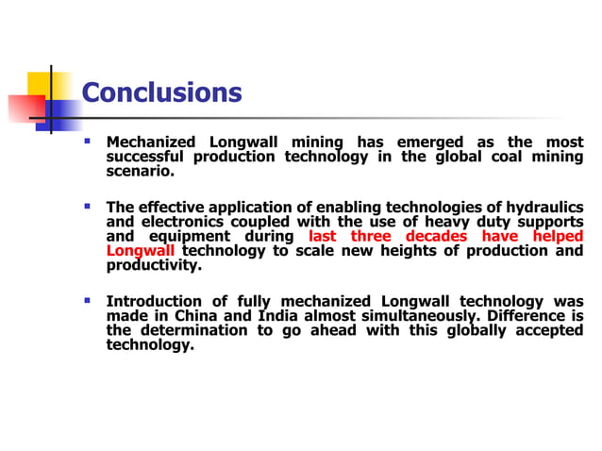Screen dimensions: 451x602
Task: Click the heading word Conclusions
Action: tap(161, 93)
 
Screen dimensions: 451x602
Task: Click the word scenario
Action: tap(141, 173)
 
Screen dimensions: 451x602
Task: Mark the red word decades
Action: tap(436, 236)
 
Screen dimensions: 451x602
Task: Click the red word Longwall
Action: tap(141, 251)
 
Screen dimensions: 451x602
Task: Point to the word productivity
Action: tap(154, 265)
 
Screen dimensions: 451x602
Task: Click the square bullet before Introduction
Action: tap(87, 300)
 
